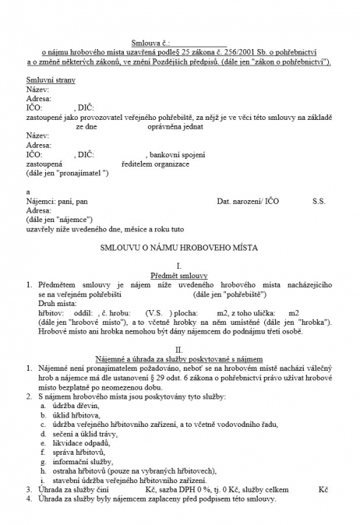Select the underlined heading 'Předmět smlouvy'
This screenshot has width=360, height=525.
coord(180,277)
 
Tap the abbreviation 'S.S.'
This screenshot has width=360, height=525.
coord(319,201)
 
